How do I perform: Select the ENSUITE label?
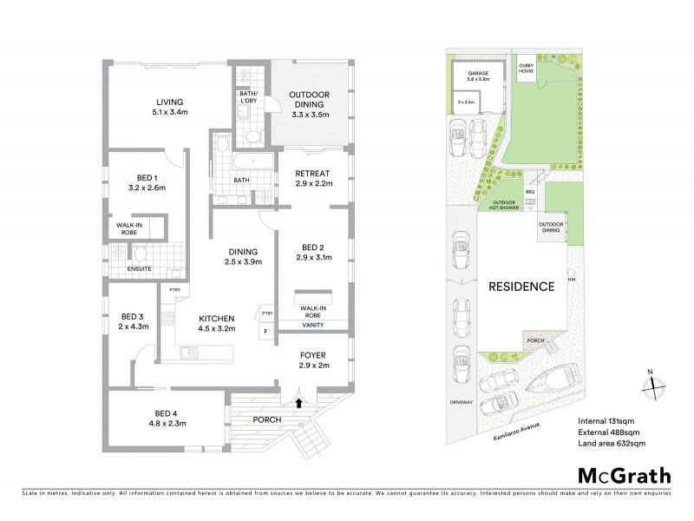pos(139,269)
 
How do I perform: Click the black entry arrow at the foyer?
pos(299,402)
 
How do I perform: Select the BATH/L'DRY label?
pos(249,102)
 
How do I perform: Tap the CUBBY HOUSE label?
pos(526,67)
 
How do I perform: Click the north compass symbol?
pos(651,385)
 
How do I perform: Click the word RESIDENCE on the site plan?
pos(520,286)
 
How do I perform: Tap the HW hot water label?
pos(571,280)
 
